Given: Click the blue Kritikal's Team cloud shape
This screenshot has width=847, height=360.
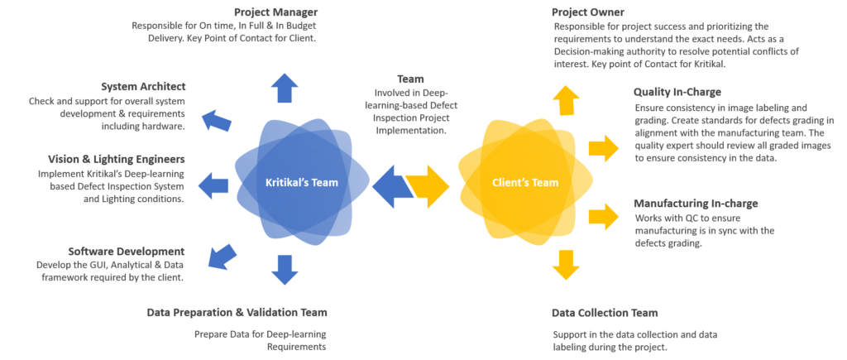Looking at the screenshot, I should [299, 181].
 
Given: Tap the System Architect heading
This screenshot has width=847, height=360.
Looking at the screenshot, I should [143, 86].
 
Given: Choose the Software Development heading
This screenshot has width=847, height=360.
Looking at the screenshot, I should [127, 251].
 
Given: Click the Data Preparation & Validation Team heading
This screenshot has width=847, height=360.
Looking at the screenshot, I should [237, 313].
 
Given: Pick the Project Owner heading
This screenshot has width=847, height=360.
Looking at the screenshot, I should [588, 12].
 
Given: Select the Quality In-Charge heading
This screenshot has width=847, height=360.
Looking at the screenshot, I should [677, 92].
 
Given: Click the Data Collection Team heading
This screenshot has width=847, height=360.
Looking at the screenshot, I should [605, 313].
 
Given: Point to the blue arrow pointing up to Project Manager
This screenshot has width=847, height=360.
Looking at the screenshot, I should [285, 87].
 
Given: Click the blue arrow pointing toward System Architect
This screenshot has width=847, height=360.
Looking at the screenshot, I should [218, 120].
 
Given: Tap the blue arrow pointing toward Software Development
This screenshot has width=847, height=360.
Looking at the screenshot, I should [220, 254].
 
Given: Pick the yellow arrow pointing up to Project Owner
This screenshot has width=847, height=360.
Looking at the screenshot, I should [566, 99].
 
